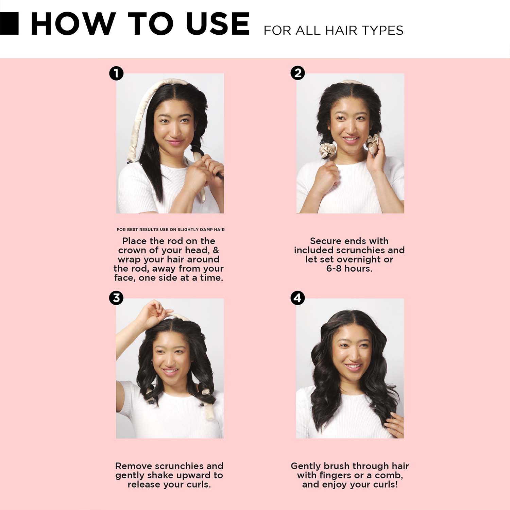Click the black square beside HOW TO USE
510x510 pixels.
9,23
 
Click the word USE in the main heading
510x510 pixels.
218,24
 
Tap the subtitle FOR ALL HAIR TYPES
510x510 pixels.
333,30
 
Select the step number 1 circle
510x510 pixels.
116,73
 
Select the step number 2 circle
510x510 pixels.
297,73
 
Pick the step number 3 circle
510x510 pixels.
116,298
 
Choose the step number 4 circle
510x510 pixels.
297,298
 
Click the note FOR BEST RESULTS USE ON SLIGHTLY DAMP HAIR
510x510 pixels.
171,230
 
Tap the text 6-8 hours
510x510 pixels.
349,269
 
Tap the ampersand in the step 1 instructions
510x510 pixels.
216,250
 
